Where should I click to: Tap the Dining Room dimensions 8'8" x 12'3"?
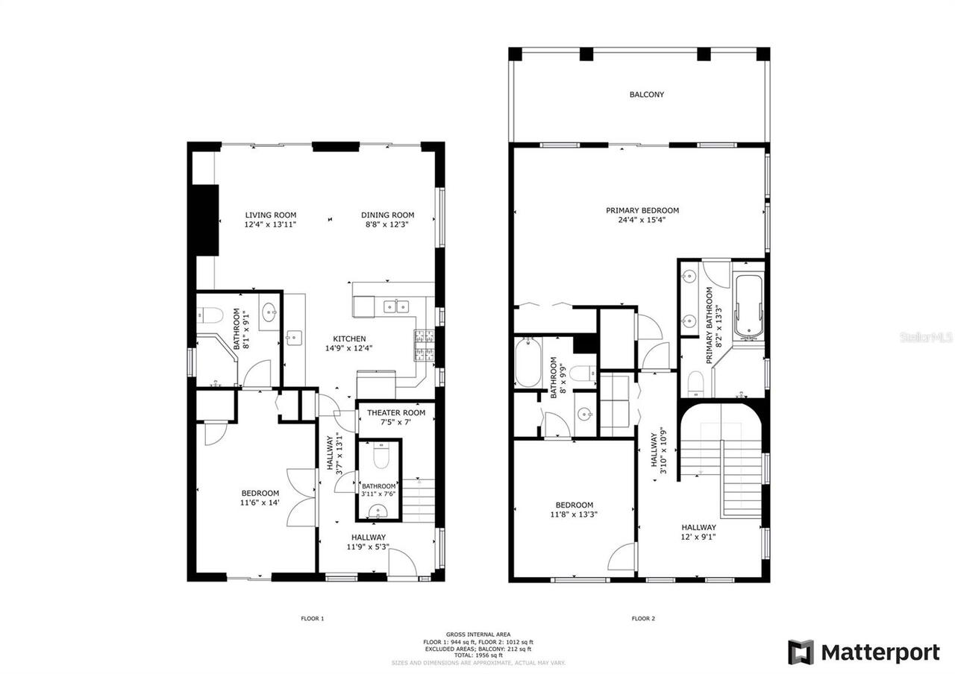[387, 224]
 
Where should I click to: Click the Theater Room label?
[395, 412]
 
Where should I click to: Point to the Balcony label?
[646, 95]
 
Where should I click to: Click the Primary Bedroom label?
[642, 210]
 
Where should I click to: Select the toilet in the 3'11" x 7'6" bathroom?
[380, 456]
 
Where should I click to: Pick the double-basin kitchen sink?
[396, 306]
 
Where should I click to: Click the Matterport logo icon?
[801, 652]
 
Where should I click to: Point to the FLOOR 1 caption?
[312, 618]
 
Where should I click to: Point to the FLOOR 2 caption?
[642, 618]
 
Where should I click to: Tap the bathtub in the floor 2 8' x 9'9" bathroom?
[527, 362]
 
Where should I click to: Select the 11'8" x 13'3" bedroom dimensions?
[574, 514]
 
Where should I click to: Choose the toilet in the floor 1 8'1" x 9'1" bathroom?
[212, 315]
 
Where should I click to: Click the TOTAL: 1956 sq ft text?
[477, 655]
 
